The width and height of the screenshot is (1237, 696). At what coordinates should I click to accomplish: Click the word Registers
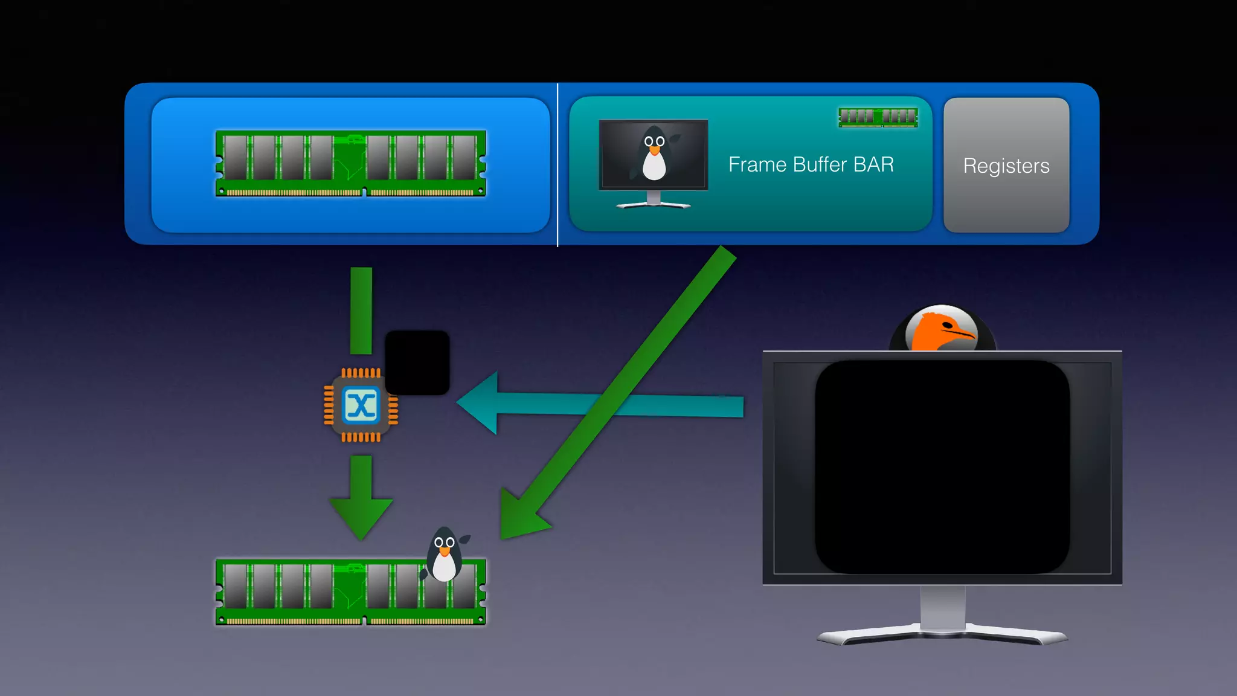pos(1006,166)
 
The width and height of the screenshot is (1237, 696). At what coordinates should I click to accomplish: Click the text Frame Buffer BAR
pos(811,164)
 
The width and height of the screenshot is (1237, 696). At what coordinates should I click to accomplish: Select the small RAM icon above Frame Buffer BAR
pos(878,117)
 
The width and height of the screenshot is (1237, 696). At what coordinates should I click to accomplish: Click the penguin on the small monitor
pos(654,154)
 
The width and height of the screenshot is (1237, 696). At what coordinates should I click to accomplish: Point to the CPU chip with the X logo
pos(361,405)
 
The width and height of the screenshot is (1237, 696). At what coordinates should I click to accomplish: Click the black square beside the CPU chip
pos(417,362)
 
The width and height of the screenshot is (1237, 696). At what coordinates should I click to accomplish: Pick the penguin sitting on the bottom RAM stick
pos(445,555)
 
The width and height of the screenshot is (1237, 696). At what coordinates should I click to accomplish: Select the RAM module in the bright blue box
pos(350,163)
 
